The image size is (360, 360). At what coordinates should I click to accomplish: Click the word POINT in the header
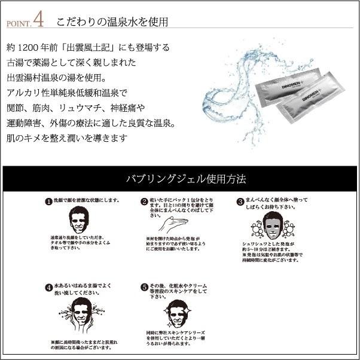17,25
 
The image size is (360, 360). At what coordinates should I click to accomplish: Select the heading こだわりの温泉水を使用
112,22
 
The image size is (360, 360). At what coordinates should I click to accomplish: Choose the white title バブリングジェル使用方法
179,179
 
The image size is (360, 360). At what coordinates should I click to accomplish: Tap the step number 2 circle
144,202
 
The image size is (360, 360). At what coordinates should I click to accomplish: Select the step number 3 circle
240,202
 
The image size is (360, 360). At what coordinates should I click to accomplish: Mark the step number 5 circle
144,287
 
